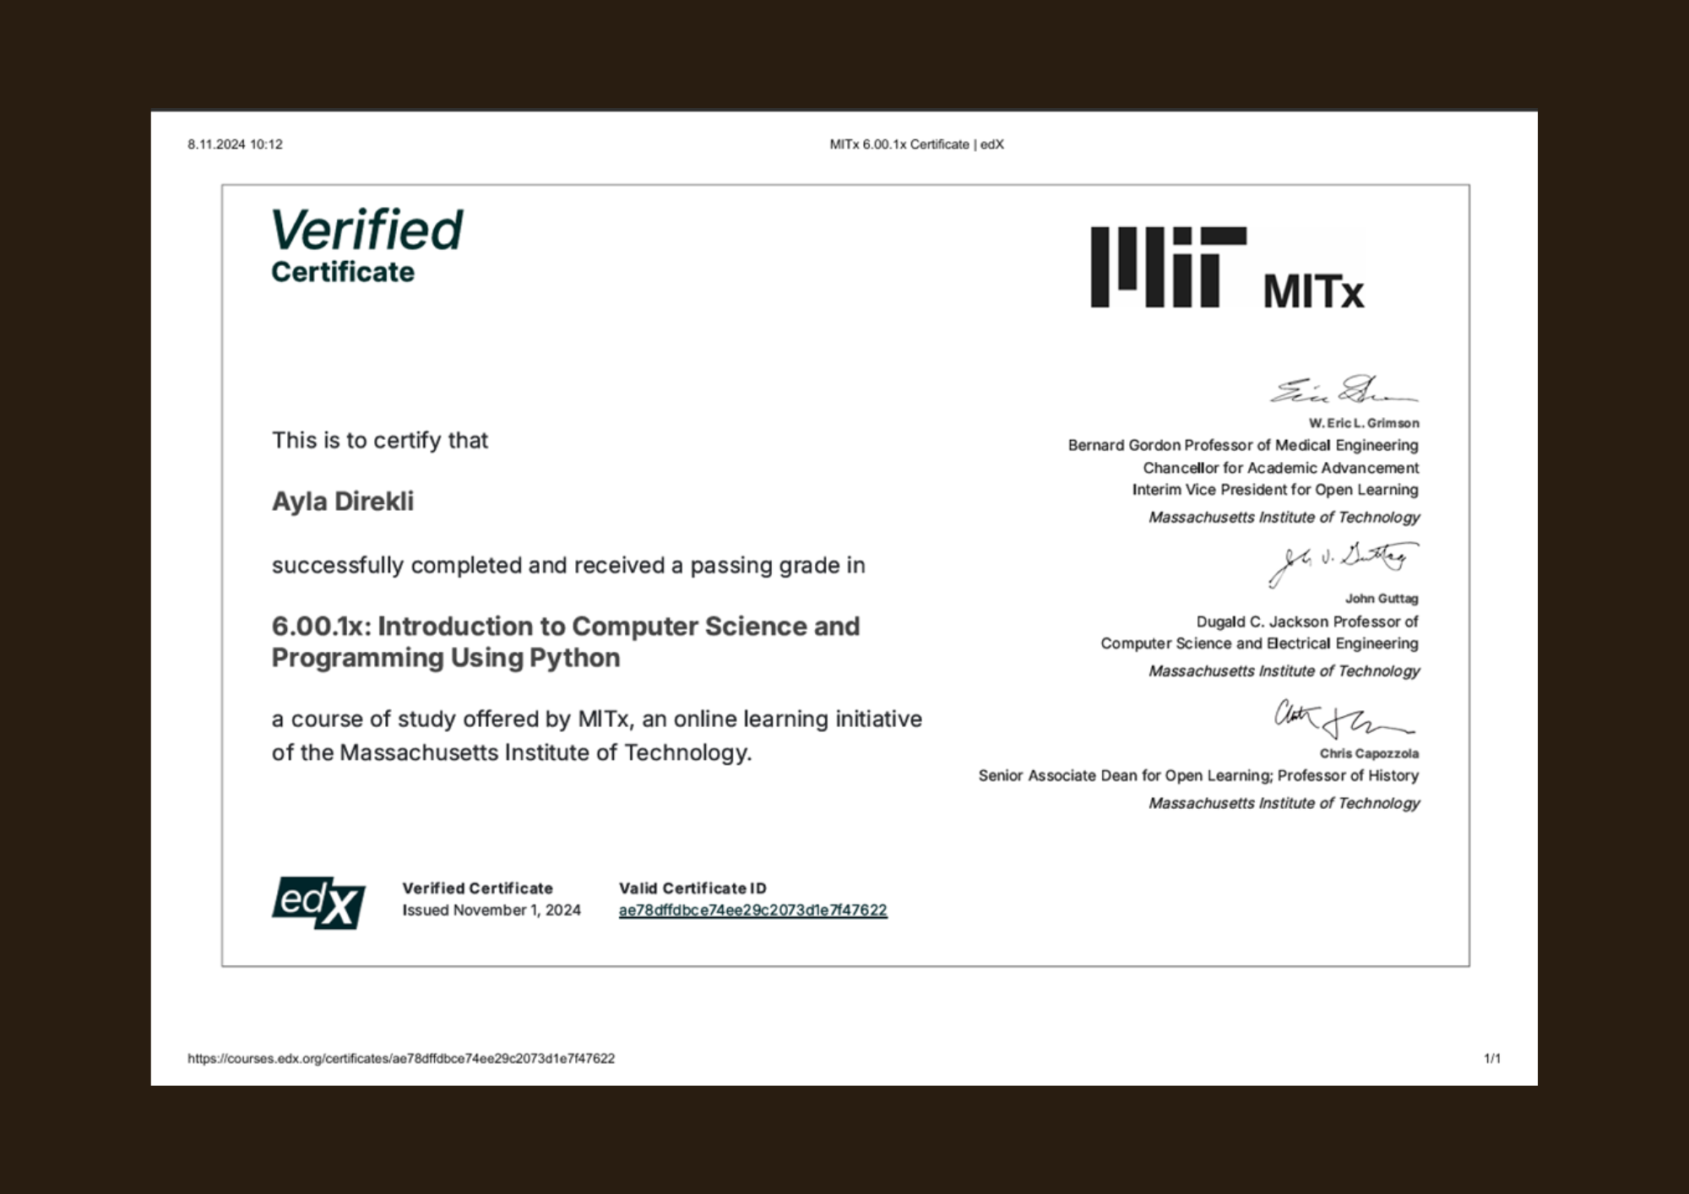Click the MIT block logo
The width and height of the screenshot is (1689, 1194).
[x=1168, y=267]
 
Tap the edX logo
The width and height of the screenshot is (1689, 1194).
[x=318, y=903]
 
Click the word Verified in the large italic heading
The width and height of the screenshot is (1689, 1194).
[x=367, y=230]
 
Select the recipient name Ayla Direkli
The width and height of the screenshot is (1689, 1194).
[x=343, y=502]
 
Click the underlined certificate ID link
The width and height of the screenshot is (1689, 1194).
[x=752, y=910]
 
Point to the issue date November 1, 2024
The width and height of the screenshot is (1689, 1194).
[x=517, y=910]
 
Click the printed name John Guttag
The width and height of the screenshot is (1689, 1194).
[x=1382, y=599]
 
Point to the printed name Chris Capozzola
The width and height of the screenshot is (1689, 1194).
[x=1369, y=753]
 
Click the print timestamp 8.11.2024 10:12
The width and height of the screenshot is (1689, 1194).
[x=235, y=144]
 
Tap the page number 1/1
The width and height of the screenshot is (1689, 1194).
[x=1492, y=1058]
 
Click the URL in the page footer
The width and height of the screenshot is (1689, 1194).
[x=401, y=1058]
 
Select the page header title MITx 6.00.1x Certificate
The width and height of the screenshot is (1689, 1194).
[x=916, y=144]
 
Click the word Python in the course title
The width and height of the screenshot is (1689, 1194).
[x=574, y=658]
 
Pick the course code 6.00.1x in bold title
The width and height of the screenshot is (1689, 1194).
[x=321, y=627]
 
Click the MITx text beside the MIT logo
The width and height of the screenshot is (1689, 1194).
[x=1313, y=292]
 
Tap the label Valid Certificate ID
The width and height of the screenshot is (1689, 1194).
[x=692, y=888]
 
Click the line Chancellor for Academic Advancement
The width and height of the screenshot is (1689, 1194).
[x=1280, y=468]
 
